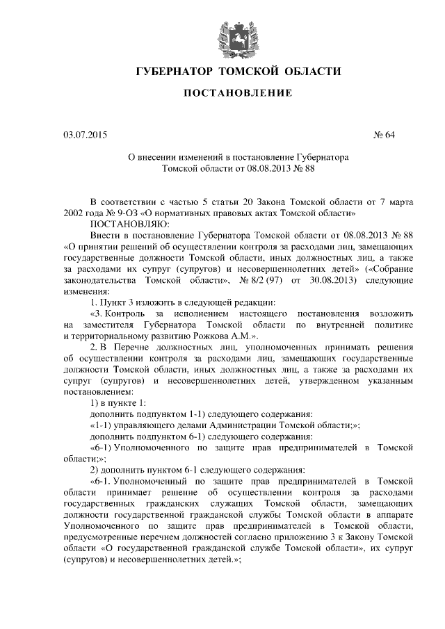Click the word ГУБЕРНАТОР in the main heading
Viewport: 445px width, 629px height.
(174, 72)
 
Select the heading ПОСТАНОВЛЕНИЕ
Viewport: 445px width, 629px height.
(222, 92)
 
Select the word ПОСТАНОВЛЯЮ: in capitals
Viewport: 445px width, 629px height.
(124, 224)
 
